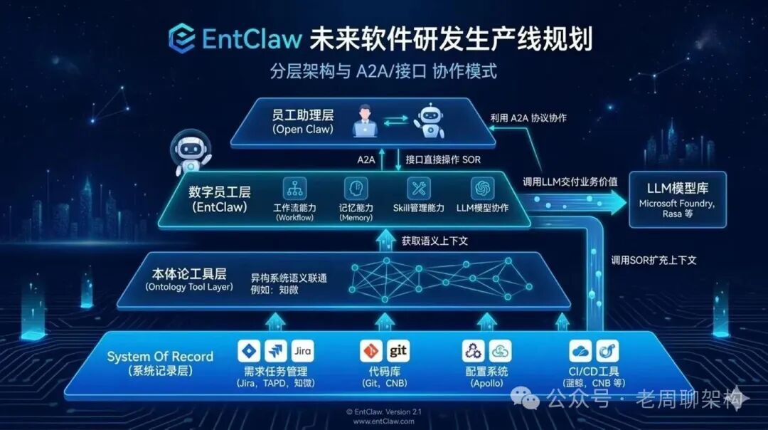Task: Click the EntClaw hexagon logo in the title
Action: coord(181,38)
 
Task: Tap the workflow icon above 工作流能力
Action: coord(295,189)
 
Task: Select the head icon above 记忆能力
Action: coord(356,189)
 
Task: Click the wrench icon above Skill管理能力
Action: coord(419,189)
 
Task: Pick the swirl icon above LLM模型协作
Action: coord(482,189)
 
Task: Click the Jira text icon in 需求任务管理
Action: coord(302,351)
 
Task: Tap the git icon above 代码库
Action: coord(398,351)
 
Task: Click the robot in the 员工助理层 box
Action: coord(430,120)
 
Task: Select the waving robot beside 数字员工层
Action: coord(191,152)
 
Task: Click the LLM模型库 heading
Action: coord(678,188)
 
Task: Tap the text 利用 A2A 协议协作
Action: coord(528,118)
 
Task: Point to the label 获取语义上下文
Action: coord(434,241)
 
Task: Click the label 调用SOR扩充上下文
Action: coord(654,261)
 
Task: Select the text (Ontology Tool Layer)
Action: coord(189,287)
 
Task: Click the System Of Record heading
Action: coord(160,357)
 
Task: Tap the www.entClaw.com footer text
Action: coord(384,421)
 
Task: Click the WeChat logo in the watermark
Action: coord(525,398)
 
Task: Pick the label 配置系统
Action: coord(486,372)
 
